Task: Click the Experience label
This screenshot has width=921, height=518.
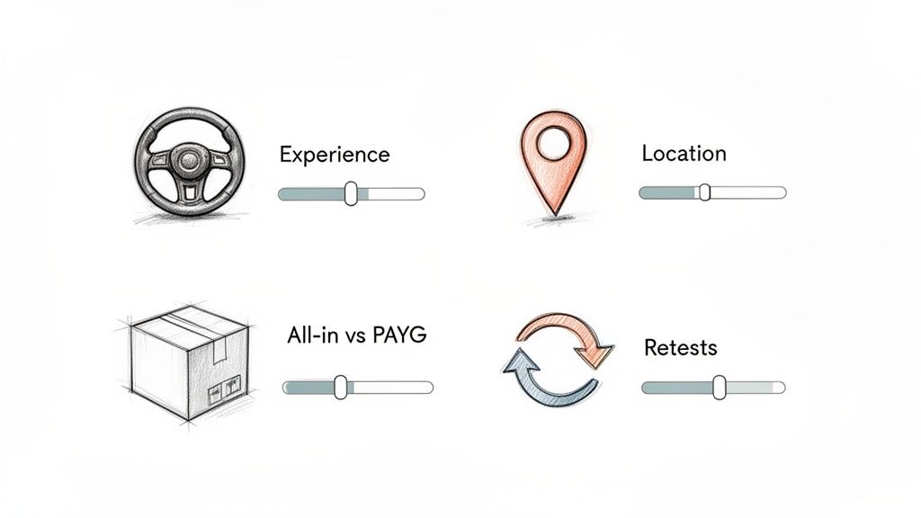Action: (x=335, y=155)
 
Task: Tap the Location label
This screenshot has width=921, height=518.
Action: (x=684, y=154)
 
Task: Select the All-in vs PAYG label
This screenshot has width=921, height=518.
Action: (x=356, y=336)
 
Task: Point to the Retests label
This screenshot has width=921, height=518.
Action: (x=681, y=347)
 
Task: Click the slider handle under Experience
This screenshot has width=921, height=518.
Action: (x=351, y=192)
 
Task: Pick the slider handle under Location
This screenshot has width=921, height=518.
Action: (x=705, y=192)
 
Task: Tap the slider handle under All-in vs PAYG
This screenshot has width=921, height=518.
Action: (x=341, y=387)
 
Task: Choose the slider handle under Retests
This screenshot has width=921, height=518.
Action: (x=719, y=387)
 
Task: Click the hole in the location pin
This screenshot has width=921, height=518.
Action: (x=554, y=140)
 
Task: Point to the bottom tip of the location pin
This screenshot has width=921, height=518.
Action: (x=555, y=214)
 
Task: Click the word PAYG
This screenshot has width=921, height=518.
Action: (x=403, y=336)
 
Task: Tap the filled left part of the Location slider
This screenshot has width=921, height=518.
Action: (x=669, y=192)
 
